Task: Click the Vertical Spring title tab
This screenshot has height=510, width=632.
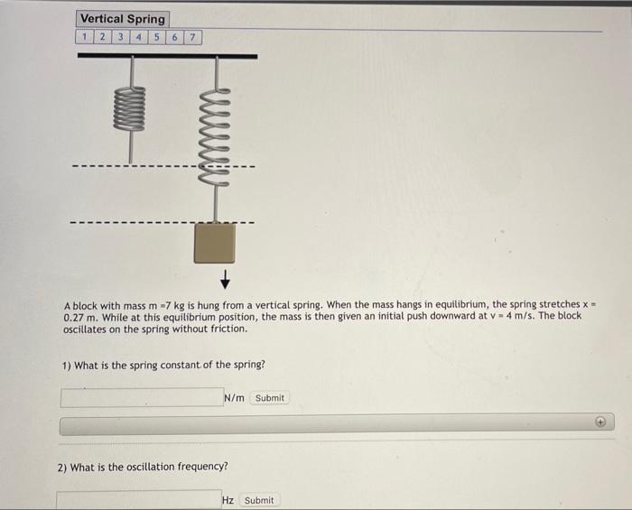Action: click(123, 19)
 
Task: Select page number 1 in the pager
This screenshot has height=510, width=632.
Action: click(84, 37)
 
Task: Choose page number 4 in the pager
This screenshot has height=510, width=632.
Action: click(138, 37)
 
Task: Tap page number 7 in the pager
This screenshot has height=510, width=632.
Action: click(193, 37)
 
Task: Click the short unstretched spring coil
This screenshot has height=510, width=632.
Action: click(129, 108)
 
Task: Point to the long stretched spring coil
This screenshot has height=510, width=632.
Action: click(215, 136)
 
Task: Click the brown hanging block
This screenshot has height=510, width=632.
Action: click(215, 243)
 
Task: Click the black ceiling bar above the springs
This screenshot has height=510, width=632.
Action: click(167, 56)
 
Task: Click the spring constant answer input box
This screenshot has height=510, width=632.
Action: click(140, 397)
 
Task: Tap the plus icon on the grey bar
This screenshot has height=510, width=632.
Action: click(599, 422)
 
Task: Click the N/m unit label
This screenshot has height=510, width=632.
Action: click(233, 398)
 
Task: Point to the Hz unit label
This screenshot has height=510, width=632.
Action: click(228, 500)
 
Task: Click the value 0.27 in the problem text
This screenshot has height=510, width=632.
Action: click(75, 318)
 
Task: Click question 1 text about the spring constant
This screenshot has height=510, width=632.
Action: click(163, 366)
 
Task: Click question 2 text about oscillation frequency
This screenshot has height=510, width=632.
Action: click(143, 467)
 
